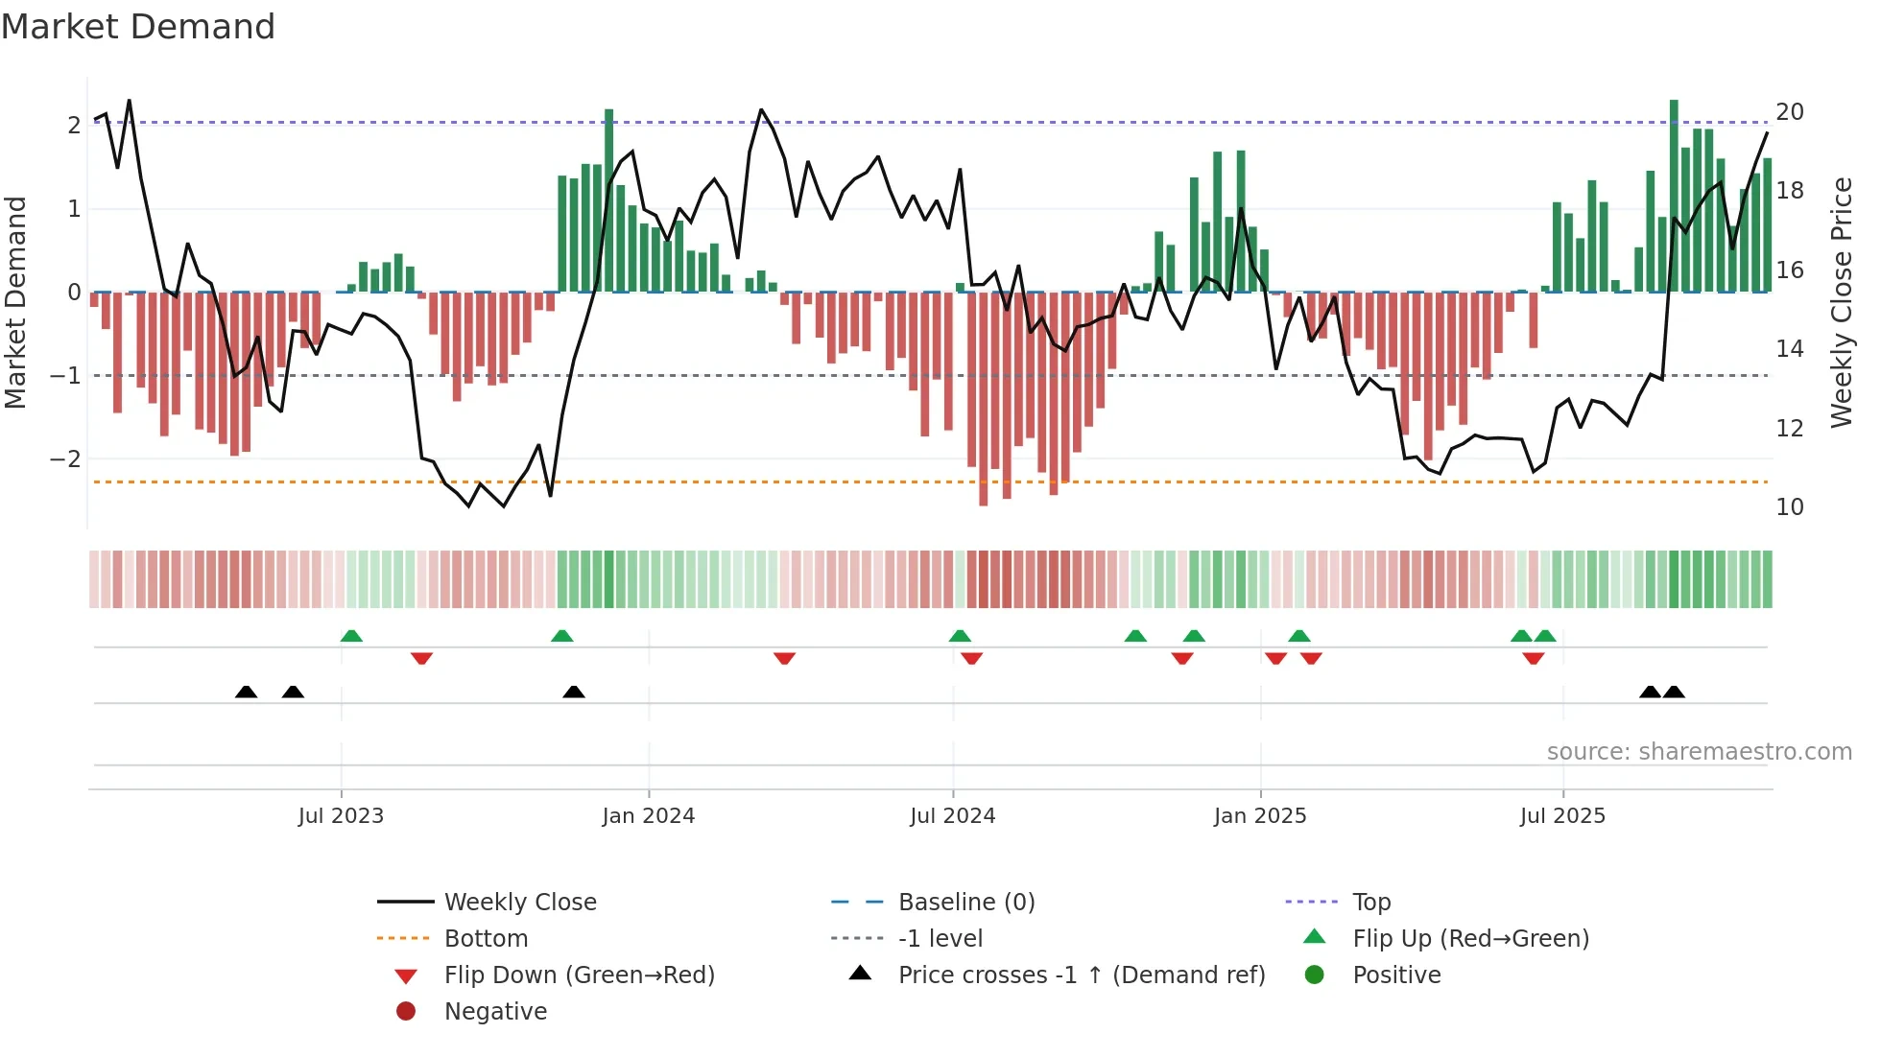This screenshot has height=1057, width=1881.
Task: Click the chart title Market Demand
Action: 138,27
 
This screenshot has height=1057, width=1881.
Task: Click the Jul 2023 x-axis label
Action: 341,816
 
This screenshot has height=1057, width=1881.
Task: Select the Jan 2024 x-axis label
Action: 648,816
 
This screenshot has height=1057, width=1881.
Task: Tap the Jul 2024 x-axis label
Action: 952,816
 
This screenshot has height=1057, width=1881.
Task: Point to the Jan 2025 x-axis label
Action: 1259,816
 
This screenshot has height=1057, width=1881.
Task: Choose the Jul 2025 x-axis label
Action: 1562,816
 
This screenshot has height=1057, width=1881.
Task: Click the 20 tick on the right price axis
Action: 1790,112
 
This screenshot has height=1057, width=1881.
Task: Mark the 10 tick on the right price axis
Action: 1790,507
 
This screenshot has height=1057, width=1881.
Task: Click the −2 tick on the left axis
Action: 65,459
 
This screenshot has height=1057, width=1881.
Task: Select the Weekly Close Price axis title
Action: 1841,302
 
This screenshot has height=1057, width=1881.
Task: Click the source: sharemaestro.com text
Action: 1699,752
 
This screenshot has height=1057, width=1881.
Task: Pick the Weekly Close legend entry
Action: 519,903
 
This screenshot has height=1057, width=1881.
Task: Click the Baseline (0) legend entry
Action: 965,903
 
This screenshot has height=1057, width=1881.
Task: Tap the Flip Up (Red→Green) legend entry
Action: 1470,939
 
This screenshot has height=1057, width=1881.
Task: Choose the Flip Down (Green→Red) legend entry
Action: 579,975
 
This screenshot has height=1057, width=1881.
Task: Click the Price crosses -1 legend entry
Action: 1081,975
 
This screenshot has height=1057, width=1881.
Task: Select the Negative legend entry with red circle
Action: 495,1012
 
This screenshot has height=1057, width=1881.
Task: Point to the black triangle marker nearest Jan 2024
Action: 574,692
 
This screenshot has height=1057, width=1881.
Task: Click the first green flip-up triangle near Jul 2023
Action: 351,636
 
